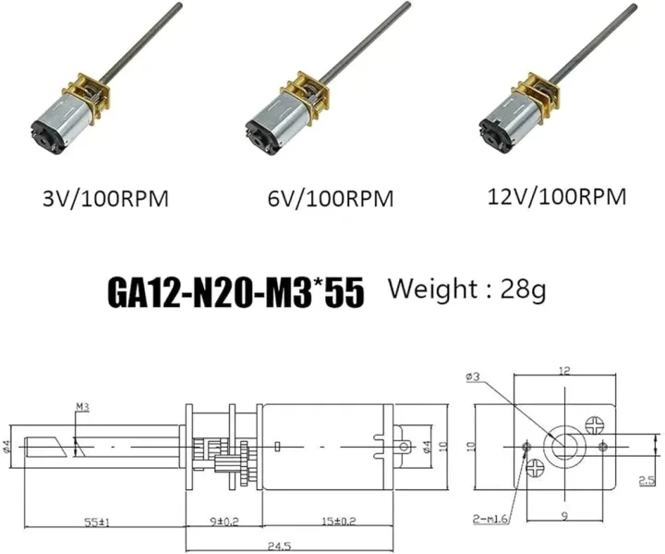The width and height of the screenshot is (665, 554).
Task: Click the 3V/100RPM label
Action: click(x=105, y=198)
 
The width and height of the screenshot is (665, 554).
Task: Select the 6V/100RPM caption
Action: click(x=330, y=199)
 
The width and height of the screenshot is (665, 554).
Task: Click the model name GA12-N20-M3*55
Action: click(x=236, y=292)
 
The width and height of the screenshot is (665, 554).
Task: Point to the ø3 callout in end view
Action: click(x=473, y=376)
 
